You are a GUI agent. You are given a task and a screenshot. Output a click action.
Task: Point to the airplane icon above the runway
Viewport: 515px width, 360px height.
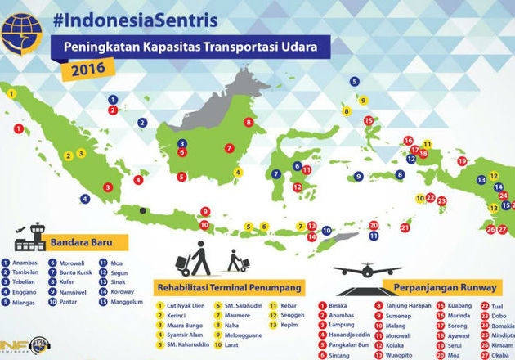[x=368, y=271]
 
